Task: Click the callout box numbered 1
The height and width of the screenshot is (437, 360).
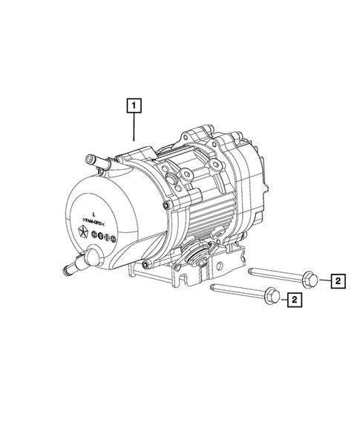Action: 134,105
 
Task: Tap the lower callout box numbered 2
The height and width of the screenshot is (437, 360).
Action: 295,300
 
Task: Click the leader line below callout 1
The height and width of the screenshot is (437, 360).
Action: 134,128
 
